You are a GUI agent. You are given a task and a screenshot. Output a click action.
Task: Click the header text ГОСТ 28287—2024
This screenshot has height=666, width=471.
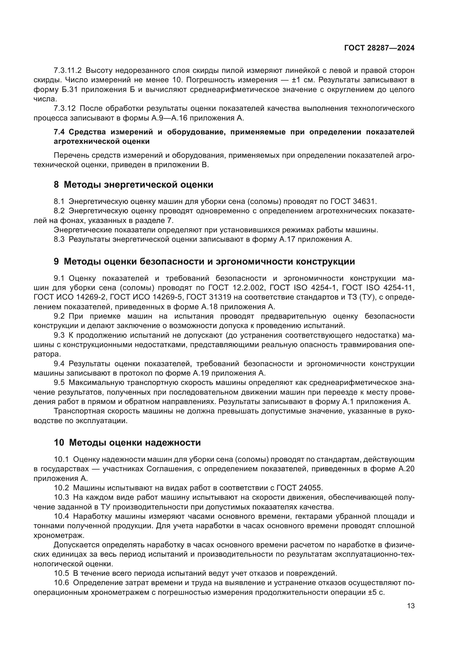pos(379,48)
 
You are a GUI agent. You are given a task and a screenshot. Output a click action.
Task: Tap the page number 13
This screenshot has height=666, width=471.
pos(411,606)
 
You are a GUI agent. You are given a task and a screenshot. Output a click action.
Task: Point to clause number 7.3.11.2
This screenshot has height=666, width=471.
pos(68,71)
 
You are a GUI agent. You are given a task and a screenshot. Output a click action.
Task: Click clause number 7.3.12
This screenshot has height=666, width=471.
pos(65,108)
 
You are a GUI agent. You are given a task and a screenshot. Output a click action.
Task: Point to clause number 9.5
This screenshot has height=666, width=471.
pos(59,383)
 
